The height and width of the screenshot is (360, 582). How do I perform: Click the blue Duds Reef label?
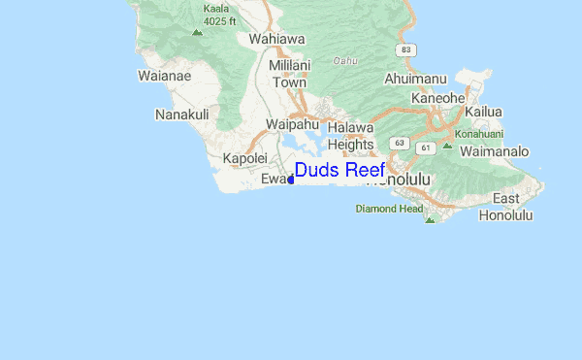[x=339, y=171]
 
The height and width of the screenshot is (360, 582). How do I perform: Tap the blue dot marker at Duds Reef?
[x=290, y=180]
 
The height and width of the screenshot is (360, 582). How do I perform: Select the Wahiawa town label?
[x=277, y=40]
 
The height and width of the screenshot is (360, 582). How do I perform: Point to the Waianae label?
[x=165, y=76]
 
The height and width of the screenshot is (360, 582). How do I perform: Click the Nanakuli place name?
[x=182, y=115]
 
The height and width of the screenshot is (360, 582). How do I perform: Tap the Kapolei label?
[x=244, y=158]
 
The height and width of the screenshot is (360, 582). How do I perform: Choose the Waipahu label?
[x=293, y=125]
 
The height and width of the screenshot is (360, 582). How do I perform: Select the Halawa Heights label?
[x=350, y=136]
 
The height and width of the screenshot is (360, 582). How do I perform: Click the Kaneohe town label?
[x=439, y=98]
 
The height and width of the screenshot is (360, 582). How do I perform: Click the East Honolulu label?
[x=505, y=207]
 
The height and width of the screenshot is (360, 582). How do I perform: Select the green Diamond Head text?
[x=389, y=209]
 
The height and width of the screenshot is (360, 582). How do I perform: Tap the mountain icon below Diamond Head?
[x=430, y=220]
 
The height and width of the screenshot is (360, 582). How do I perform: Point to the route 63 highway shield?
[x=399, y=143]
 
